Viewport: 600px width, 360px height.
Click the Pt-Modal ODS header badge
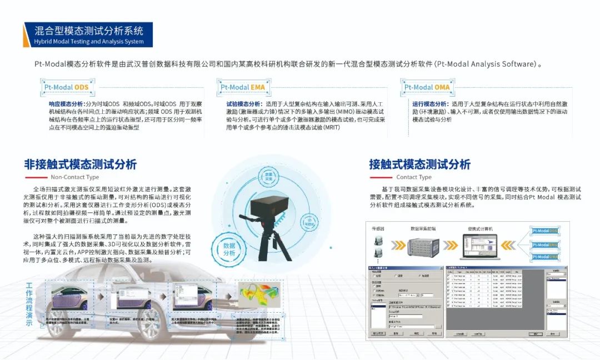point(67,87)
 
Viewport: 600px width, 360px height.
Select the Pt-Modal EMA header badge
point(243,87)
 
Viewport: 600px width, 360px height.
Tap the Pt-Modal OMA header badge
point(427,87)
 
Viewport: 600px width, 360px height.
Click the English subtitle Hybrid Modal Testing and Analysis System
point(88,42)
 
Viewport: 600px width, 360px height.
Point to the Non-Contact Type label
point(75,177)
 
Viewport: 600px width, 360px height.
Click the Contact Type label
point(414,177)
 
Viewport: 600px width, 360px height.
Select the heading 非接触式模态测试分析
point(80,164)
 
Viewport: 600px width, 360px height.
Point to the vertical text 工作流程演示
point(29,305)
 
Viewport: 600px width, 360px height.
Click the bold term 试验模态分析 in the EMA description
point(243,104)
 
